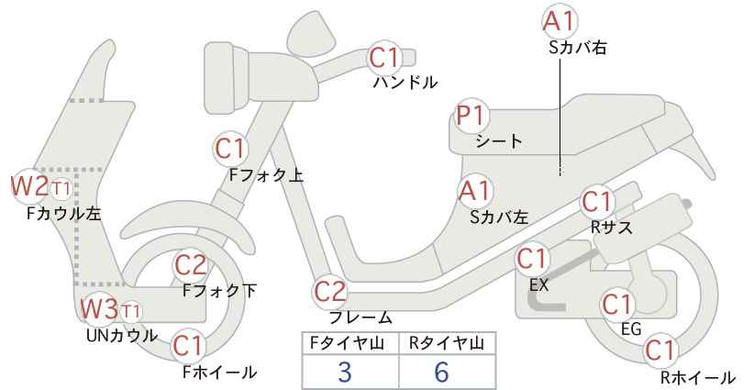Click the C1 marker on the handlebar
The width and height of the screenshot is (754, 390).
(x=384, y=58)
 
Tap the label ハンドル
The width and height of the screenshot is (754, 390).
(x=405, y=83)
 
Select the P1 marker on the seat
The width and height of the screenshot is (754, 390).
(x=472, y=116)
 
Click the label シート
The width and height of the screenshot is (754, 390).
(x=499, y=141)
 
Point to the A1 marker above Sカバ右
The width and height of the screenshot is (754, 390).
(x=560, y=22)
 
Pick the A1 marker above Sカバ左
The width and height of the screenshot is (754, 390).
(x=475, y=191)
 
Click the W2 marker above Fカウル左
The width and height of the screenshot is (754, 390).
(x=30, y=186)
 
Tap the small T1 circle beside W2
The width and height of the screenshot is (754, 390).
(x=61, y=189)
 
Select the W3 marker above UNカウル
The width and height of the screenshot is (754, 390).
(x=99, y=309)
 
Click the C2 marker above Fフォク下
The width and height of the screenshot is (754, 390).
(x=191, y=265)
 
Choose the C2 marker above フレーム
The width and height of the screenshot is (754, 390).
(x=330, y=292)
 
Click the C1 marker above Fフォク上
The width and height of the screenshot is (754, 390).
(x=231, y=149)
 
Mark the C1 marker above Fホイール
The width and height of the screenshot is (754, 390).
(x=190, y=346)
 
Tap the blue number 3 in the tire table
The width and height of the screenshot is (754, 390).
(x=344, y=372)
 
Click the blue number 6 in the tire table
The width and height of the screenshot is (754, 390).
(x=440, y=372)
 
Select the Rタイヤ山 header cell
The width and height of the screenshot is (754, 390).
(x=448, y=343)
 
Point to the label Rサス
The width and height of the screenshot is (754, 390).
(x=612, y=228)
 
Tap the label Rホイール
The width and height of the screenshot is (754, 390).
(x=698, y=377)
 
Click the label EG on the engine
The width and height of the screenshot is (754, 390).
(x=631, y=329)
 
